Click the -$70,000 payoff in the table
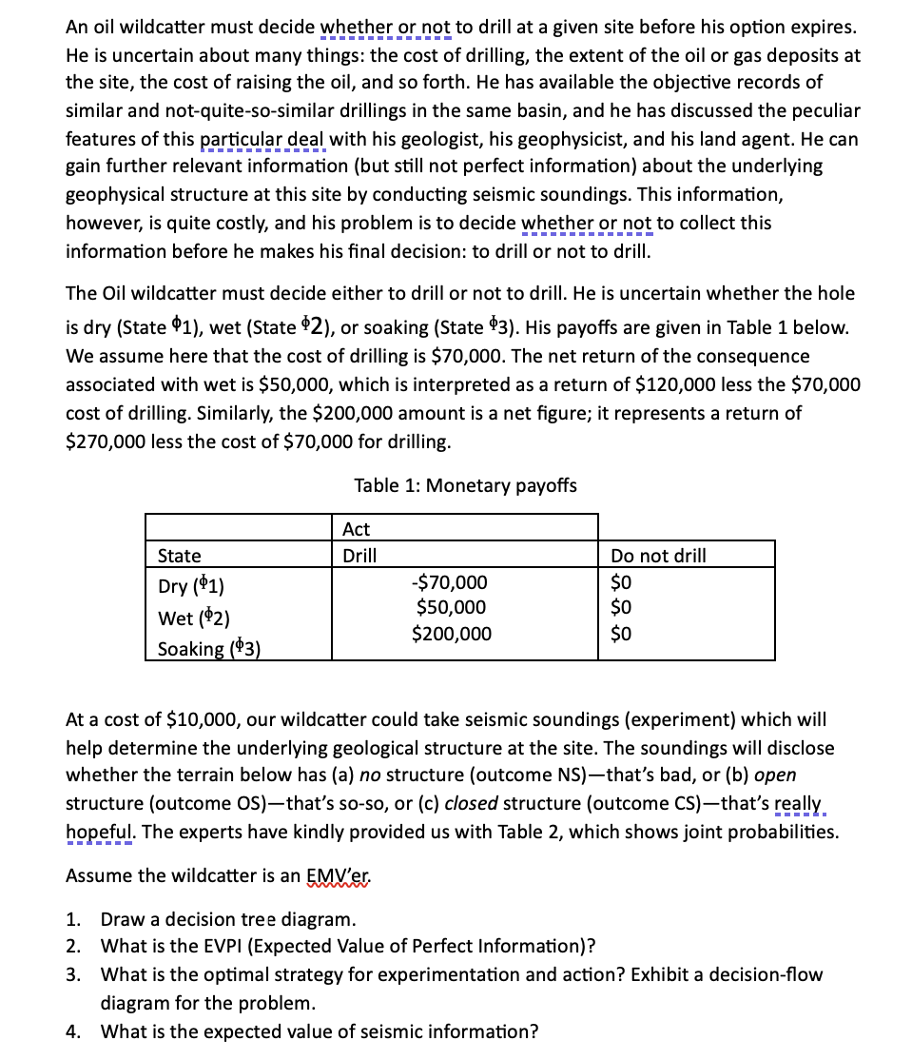(449, 582)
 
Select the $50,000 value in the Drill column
(452, 607)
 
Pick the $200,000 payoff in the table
(452, 633)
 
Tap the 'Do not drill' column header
(658, 556)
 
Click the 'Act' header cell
(356, 529)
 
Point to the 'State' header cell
(179, 556)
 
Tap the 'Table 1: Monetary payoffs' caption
(465, 485)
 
